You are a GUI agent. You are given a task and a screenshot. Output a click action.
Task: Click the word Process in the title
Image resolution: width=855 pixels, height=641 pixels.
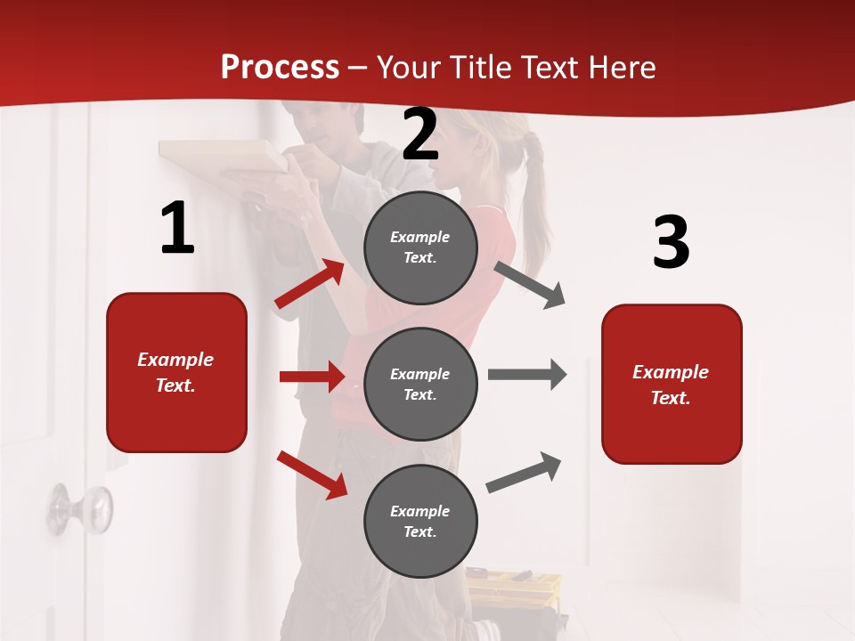pos(280,68)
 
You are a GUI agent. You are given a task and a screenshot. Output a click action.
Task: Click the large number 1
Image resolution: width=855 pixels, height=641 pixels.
pos(177,229)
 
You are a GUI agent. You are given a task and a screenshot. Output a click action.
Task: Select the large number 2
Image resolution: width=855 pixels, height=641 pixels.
pos(420,135)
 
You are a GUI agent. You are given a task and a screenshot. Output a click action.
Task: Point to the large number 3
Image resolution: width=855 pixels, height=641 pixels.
pos(671,242)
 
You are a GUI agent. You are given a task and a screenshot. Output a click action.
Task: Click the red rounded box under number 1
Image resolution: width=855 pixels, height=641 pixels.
pos(176,372)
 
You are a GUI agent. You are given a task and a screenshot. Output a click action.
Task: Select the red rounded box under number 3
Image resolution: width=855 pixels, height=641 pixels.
pos(672,384)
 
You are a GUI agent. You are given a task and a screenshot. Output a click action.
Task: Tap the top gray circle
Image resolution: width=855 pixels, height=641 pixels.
pos(420,247)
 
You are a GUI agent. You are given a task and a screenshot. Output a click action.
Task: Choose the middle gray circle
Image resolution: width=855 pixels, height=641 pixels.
pos(420,384)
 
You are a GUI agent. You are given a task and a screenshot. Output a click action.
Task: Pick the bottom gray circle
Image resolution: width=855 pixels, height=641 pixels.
pos(420,521)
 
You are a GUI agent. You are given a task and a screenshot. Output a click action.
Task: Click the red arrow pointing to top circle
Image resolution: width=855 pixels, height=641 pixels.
pos(310,284)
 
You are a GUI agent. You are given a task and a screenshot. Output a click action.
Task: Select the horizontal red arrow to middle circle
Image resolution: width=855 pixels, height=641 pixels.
pos(312,377)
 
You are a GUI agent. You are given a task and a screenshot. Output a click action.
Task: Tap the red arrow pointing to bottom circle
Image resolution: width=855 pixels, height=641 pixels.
pos(312,475)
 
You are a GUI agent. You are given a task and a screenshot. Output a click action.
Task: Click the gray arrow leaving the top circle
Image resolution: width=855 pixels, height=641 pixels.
pos(531,285)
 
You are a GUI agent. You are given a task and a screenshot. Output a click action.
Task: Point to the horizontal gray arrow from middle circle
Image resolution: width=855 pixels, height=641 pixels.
pos(527,375)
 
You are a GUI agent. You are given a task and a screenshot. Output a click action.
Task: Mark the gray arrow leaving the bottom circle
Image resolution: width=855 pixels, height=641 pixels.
pos(524,473)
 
